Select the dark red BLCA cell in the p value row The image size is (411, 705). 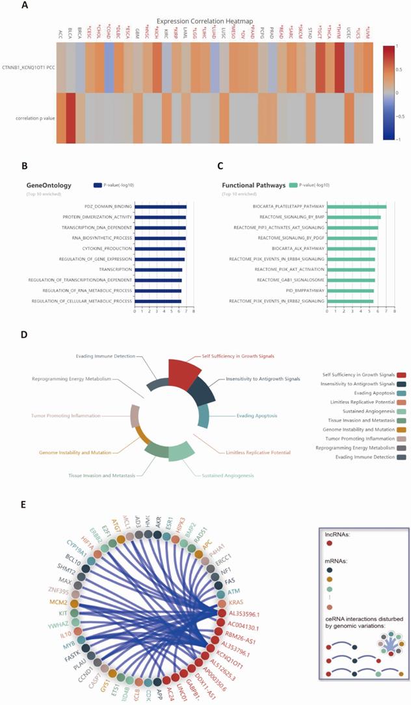coord(71,118)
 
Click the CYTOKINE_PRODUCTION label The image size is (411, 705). coord(108,249)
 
